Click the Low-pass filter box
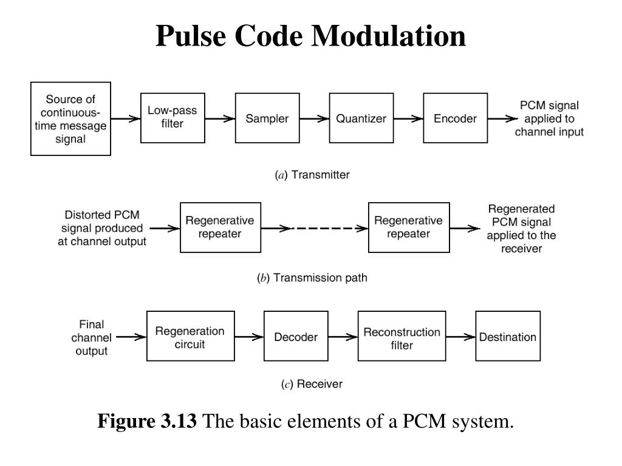(x=173, y=118)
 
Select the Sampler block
(x=267, y=118)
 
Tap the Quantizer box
(x=361, y=118)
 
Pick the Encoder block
(x=455, y=118)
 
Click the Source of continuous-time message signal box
(x=70, y=119)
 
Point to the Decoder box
(x=296, y=336)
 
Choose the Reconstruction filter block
(x=402, y=336)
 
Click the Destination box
(x=508, y=336)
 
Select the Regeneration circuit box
(x=190, y=336)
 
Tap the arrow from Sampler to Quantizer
(x=314, y=118)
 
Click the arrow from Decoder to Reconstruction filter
(x=343, y=337)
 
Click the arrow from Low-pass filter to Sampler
(x=220, y=118)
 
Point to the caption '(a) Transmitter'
(x=312, y=175)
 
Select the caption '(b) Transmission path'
(x=312, y=278)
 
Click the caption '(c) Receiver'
(x=312, y=384)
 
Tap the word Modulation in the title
(x=388, y=36)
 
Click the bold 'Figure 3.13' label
(x=147, y=420)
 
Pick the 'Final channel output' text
(x=92, y=337)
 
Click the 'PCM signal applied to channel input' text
(x=549, y=118)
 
